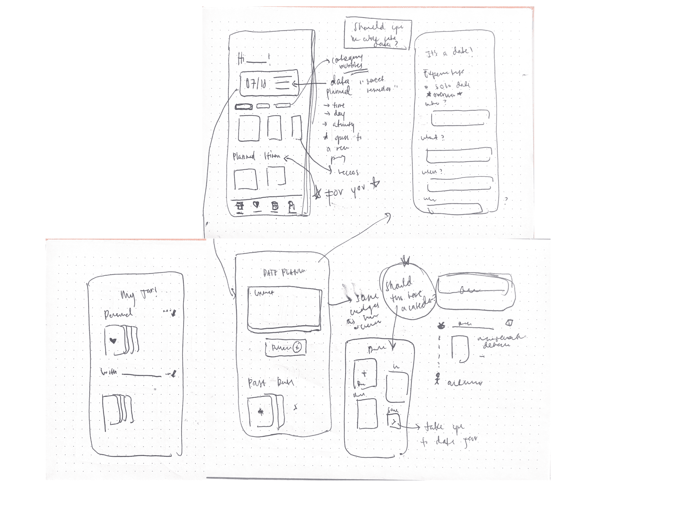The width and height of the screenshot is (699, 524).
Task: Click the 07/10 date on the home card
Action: click(256, 83)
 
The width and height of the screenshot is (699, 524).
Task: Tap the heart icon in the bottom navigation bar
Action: click(257, 205)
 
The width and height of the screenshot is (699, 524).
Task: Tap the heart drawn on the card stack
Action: click(113, 341)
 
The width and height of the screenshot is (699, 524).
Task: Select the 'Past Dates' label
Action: click(270, 383)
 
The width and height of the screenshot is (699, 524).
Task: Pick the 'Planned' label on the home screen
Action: click(244, 156)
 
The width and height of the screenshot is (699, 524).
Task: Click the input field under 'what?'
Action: click(459, 155)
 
